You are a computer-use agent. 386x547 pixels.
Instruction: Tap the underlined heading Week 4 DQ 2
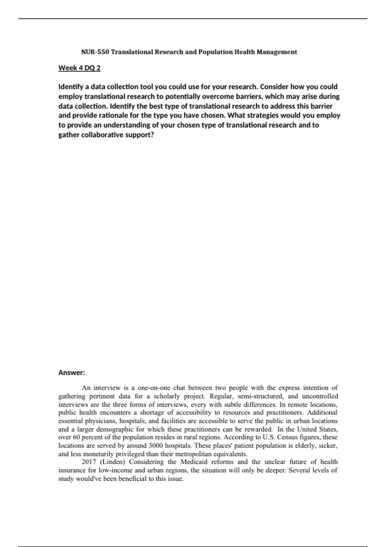click(79, 68)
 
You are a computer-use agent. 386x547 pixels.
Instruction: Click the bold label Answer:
click(71, 373)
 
